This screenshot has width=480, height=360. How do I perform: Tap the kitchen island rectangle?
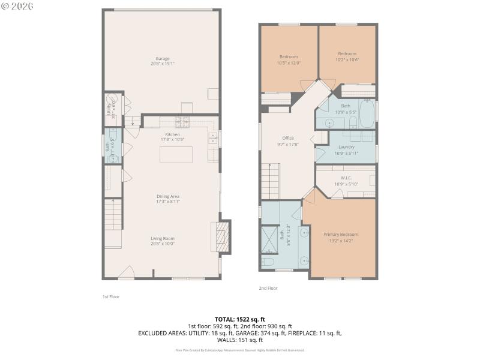[176, 154]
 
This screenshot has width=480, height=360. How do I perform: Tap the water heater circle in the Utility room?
[112, 101]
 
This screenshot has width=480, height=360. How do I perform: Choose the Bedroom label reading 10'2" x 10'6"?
[347, 56]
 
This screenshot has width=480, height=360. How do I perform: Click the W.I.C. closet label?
[346, 181]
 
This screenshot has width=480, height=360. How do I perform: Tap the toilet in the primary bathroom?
[268, 262]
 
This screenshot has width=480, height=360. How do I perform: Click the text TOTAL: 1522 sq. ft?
[240, 319]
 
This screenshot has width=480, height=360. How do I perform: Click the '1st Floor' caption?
[110, 296]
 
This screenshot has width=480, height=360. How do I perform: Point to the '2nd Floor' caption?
[268, 288]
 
